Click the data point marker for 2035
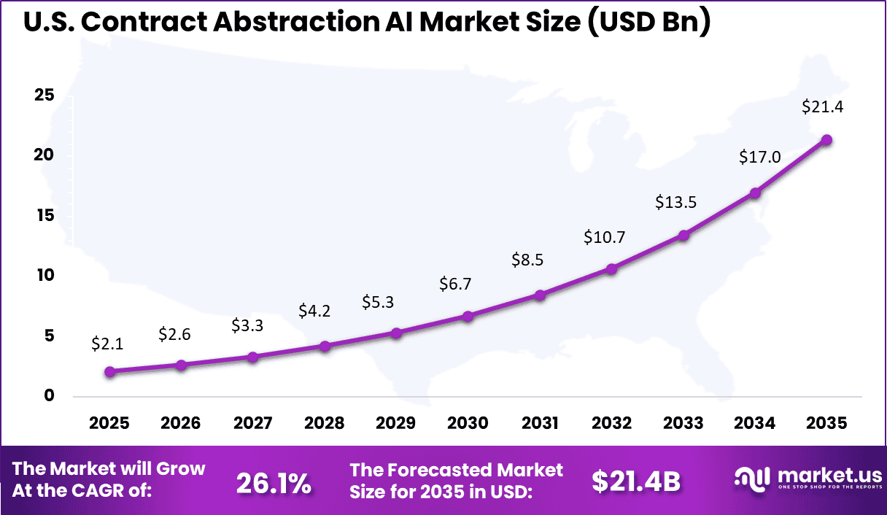coord(826,140)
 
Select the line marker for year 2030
coord(468,317)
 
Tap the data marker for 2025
coord(109,371)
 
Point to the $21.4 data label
coord(824,107)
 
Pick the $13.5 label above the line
coord(676,202)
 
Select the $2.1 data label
coord(107,344)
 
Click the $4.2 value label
coord(314,311)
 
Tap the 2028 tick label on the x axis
coord(324,424)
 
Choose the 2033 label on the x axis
coord(683,424)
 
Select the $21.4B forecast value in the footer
coord(636,481)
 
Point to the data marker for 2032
coord(611,269)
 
